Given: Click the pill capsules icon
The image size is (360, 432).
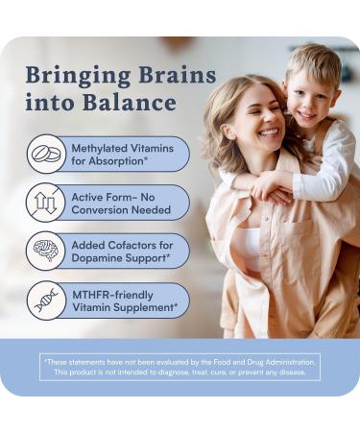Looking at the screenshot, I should click(x=46, y=154).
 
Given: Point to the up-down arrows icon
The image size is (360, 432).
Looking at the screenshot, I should click(x=46, y=204).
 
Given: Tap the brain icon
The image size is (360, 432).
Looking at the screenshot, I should click(x=46, y=252).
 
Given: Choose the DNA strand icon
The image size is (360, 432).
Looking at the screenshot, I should click(x=46, y=300).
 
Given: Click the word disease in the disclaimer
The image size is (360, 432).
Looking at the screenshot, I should click(x=288, y=372).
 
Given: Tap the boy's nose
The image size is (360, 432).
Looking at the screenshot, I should click(x=306, y=96).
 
